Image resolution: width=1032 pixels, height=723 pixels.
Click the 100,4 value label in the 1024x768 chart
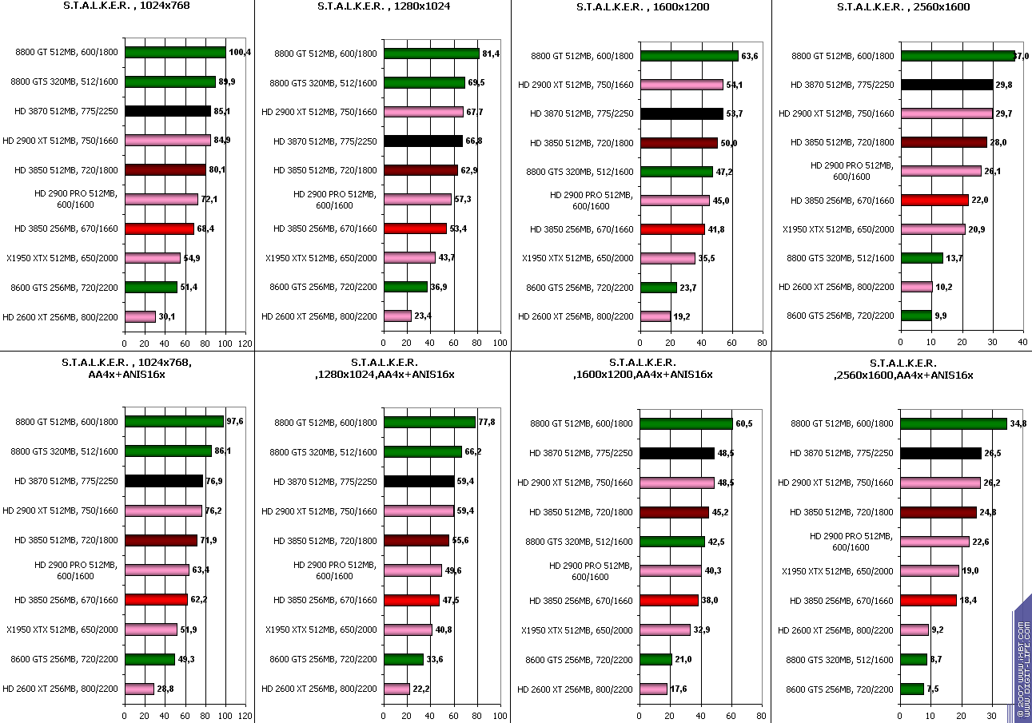pos(240,53)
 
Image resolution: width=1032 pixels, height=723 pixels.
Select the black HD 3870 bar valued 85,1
pos(168,111)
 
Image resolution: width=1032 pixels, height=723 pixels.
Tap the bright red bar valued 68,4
pos(159,228)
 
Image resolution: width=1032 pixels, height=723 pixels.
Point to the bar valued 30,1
pos(140,316)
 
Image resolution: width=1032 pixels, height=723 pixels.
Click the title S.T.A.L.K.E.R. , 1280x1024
pos(383,6)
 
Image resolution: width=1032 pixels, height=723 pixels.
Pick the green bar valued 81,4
pos(432,54)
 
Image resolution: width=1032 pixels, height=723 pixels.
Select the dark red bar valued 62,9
pos(420,170)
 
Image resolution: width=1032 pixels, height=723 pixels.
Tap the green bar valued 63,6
pos(689,56)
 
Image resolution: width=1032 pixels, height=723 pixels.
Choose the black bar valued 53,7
pos(682,114)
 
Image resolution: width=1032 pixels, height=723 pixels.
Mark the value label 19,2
pos(682,316)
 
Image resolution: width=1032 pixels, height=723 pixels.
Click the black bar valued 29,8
pos(946,85)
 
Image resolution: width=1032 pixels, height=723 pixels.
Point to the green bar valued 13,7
pos(922,257)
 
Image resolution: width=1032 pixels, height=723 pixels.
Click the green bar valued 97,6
pos(174,421)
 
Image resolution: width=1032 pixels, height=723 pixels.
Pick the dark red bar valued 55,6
pos(416,540)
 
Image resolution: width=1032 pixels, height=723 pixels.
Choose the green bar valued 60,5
pos(687,423)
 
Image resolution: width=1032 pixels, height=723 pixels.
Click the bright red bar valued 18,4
pos(928,600)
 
